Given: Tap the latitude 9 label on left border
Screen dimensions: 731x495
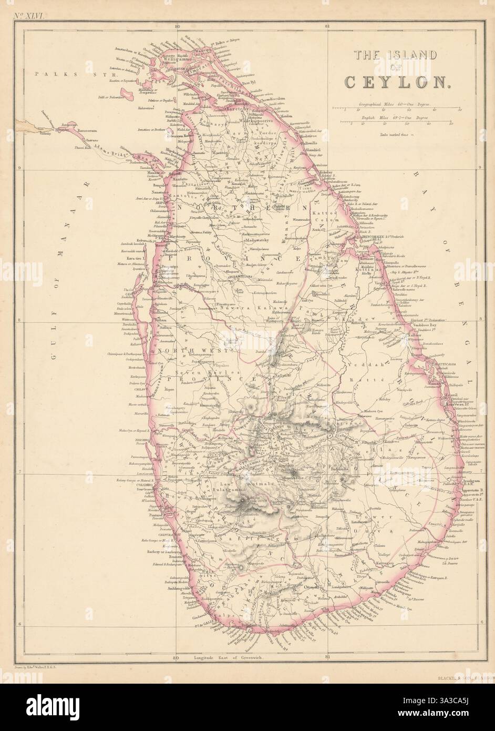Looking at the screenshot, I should [x=19, y=168].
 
